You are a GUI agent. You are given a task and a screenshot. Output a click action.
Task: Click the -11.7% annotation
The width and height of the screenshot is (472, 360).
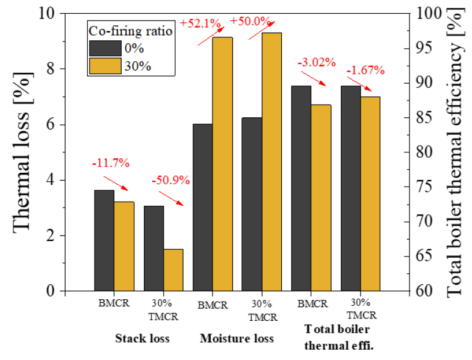point(110,163)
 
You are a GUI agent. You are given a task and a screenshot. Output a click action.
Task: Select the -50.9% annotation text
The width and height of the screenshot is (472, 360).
point(170,179)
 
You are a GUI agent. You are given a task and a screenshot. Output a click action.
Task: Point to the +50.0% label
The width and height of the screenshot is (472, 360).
point(249,21)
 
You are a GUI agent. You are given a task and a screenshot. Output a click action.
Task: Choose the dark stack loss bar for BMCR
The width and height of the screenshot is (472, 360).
point(104,240)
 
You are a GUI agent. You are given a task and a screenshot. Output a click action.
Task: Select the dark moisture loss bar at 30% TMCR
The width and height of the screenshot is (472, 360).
point(252,204)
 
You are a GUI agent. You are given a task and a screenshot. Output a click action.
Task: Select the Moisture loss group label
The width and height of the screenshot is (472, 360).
point(237,338)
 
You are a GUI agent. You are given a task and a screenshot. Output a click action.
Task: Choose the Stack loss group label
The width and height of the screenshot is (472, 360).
point(142,338)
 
